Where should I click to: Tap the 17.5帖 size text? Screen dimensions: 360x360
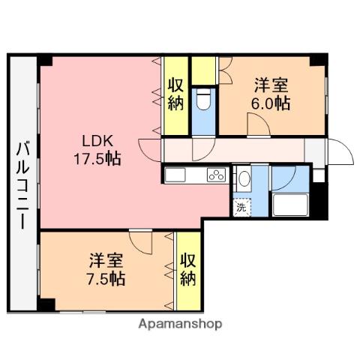(x=97, y=158)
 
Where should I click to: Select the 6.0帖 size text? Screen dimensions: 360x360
(x=270, y=103)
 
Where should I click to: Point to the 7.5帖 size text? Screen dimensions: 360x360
(x=105, y=279)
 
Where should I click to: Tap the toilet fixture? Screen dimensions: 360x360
(x=203, y=100)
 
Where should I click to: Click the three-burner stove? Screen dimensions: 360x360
(x=216, y=177)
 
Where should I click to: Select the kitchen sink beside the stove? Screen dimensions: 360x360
(x=176, y=176)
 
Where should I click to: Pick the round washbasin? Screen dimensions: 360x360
(x=243, y=178)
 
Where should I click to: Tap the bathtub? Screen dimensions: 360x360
(x=292, y=205)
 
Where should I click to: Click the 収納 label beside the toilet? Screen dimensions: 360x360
(x=175, y=94)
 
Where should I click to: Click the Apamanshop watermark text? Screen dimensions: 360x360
(x=179, y=325)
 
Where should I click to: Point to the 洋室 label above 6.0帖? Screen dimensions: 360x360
(x=270, y=85)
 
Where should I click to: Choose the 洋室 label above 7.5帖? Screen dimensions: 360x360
(x=105, y=261)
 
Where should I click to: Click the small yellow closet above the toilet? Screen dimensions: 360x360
(x=203, y=70)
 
